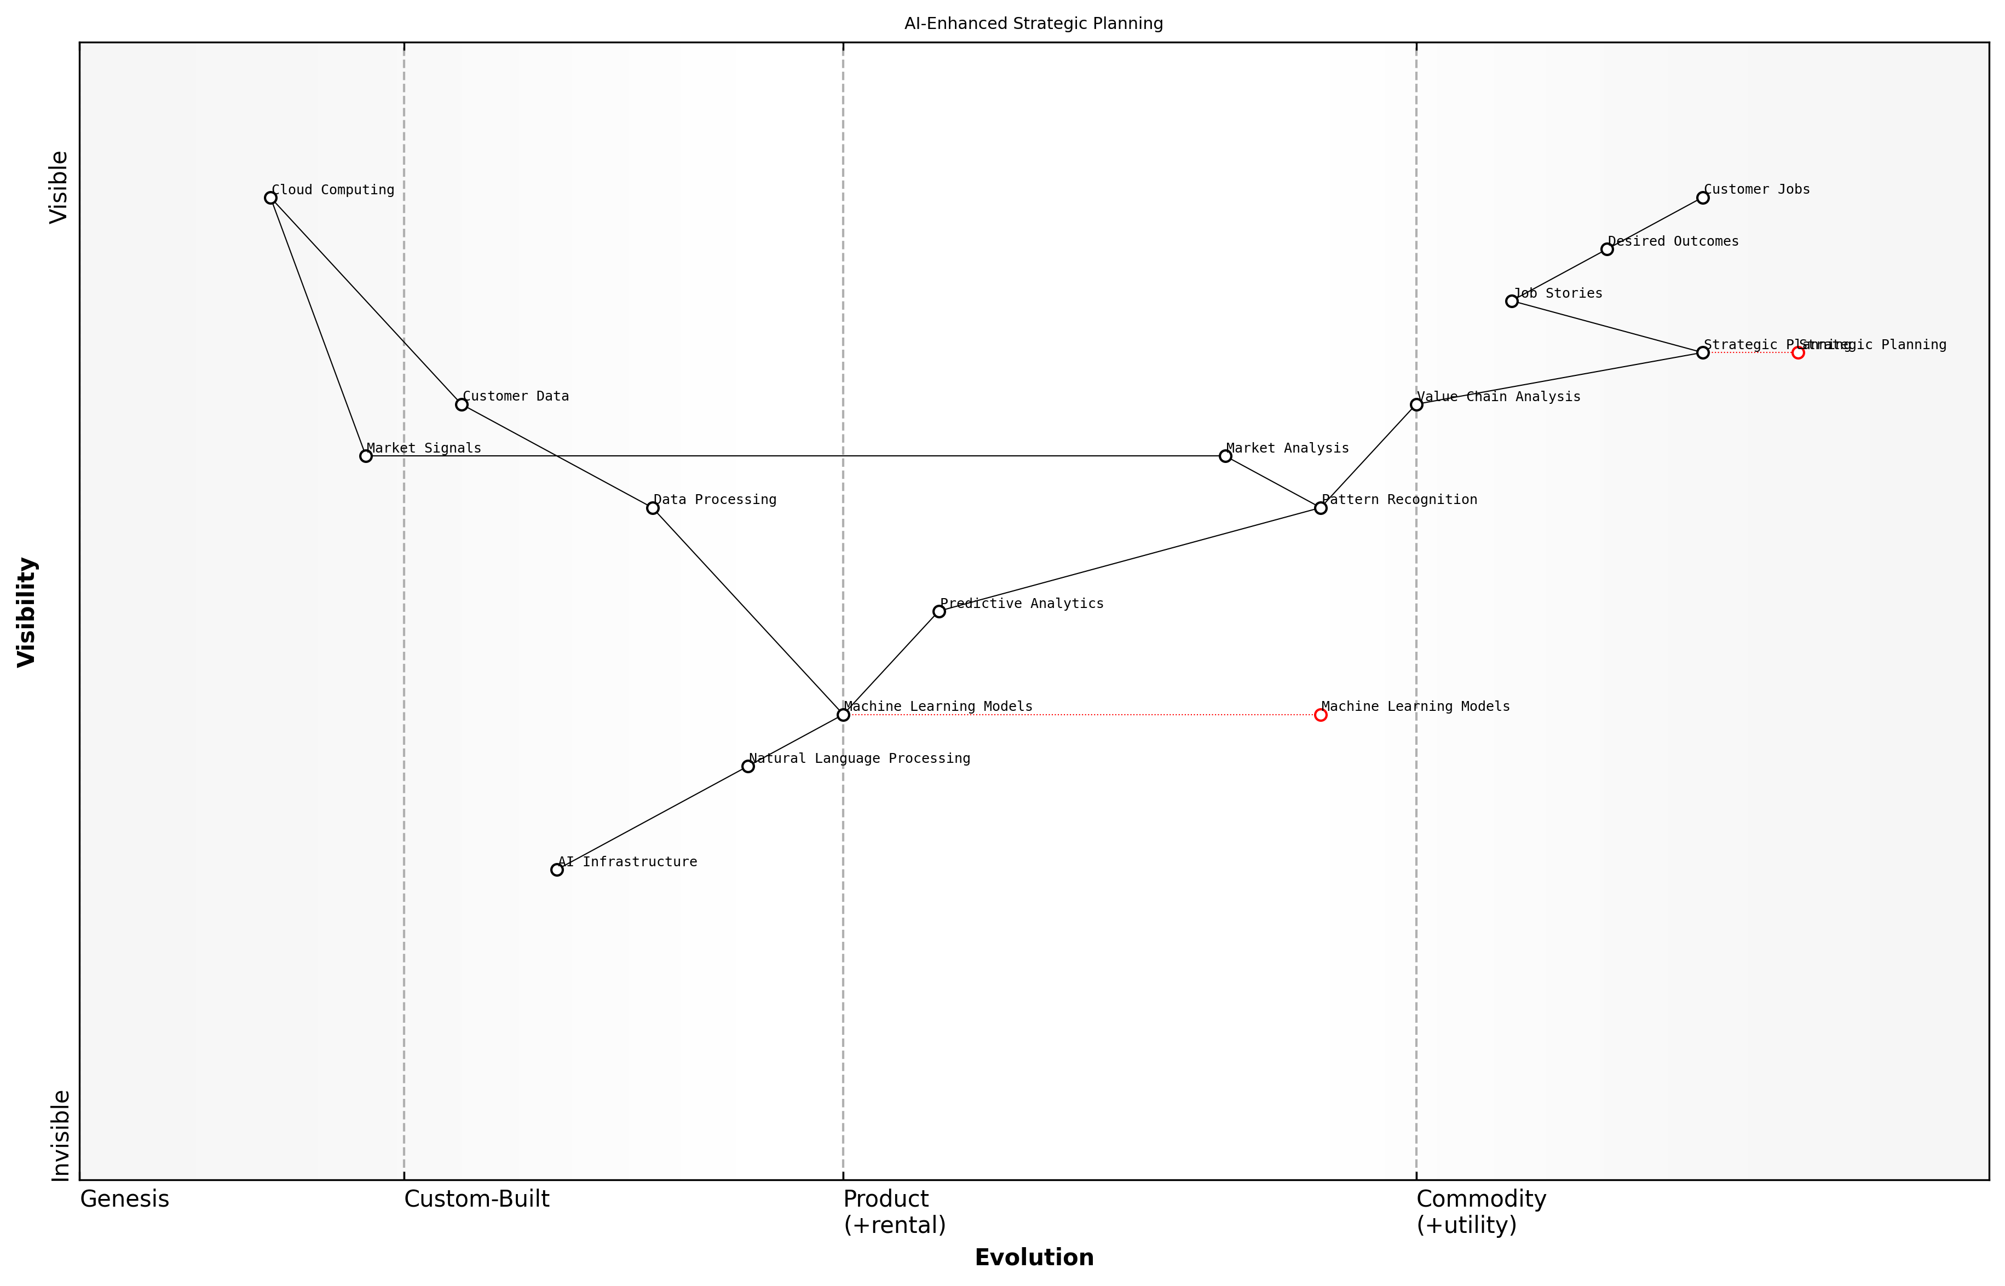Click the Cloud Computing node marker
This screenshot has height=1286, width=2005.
(x=270, y=198)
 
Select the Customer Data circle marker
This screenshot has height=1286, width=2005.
(x=461, y=404)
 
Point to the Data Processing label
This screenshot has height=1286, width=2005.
(x=715, y=500)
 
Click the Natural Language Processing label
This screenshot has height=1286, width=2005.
(x=859, y=758)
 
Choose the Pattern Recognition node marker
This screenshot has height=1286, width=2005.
(x=1321, y=508)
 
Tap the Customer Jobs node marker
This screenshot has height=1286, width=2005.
(x=1703, y=198)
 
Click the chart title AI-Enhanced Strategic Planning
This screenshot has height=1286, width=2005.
(x=1033, y=24)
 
